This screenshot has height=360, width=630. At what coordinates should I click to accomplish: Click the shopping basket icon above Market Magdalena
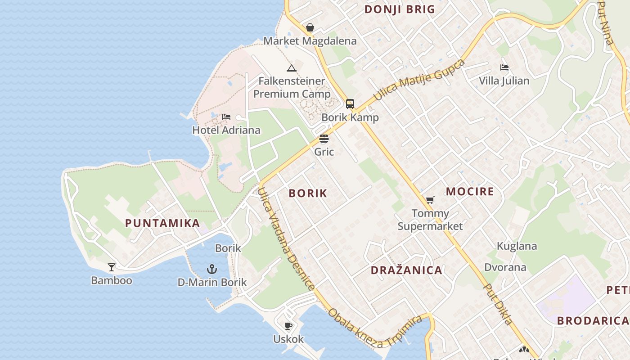coord(310,28)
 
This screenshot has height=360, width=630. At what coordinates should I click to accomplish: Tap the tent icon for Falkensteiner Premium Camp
coord(292,68)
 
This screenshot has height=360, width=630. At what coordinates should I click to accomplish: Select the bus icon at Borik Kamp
coord(350,104)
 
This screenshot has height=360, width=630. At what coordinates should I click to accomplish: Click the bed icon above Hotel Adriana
coord(226,117)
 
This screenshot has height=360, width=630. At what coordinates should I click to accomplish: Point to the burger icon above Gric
coord(324,139)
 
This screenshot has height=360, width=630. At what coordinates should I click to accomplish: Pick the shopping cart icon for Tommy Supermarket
coord(430,200)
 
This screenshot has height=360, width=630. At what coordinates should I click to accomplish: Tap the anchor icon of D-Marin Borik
coord(212,269)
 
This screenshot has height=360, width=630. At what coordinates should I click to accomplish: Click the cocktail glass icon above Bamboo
coord(112,267)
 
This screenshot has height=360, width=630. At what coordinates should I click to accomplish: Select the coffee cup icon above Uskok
coord(288,326)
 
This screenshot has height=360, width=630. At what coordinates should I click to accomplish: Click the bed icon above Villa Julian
coord(504,68)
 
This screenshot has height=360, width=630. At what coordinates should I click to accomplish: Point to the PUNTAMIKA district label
coord(162,223)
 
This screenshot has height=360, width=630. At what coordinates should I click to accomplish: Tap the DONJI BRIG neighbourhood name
coord(400,9)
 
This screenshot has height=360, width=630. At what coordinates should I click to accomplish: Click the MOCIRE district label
coord(470,192)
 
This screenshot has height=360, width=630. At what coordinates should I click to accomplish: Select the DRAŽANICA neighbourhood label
coord(406,270)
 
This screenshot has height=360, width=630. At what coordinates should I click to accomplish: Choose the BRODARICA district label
coord(592,321)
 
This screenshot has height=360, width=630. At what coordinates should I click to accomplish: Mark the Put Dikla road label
coord(499,304)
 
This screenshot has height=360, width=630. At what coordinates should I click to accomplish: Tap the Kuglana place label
coord(517,246)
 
